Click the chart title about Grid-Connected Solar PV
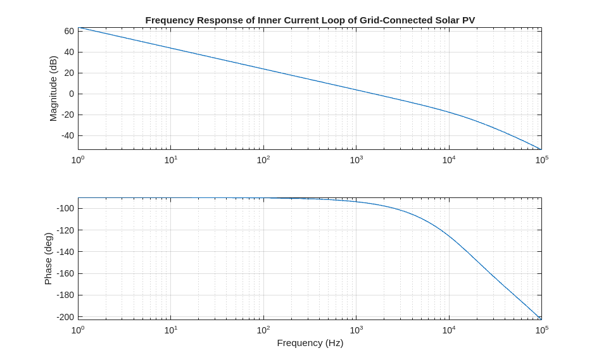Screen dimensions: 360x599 coord(310,20)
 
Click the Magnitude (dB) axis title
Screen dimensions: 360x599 coord(53,89)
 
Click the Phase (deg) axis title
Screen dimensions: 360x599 coord(48,258)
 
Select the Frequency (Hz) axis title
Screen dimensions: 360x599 coord(310,343)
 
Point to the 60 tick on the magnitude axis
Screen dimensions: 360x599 coord(68,31)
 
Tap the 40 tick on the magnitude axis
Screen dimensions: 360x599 coord(68,52)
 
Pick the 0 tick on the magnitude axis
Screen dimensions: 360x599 coord(71,94)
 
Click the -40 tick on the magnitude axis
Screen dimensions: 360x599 coord(67,135)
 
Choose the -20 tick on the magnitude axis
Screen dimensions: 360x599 coord(67,115)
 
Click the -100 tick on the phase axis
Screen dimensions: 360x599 coord(66,208)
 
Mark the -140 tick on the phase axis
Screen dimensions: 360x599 coord(66,252)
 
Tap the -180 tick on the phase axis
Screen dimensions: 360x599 coord(66,295)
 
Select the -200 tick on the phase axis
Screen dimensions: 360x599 coord(66,316)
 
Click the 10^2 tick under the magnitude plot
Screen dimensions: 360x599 coord(263,160)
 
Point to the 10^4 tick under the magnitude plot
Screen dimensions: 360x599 coord(448,160)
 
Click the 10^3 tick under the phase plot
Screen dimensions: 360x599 coord(356,330)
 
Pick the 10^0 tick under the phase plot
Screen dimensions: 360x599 coord(77,330)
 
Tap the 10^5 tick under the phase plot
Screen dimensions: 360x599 coord(541,330)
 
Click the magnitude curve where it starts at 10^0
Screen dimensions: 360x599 coord(79,28)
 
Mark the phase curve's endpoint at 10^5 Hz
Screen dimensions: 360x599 coord(541,318)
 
